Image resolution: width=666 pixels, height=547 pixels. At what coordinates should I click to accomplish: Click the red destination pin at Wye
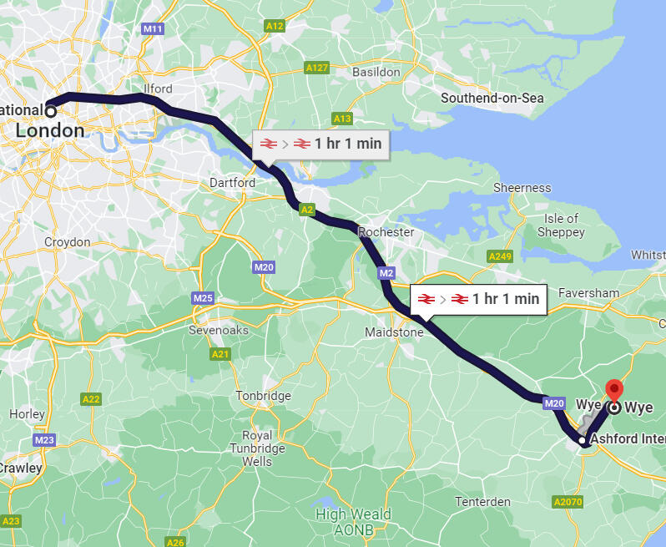pyautogui.click(x=614, y=391)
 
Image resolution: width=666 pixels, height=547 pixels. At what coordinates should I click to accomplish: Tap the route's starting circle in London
pyautogui.click(x=50, y=110)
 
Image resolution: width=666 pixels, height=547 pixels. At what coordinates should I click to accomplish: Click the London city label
pyautogui.click(x=50, y=131)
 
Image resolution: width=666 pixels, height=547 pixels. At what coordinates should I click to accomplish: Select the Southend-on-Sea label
pyautogui.click(x=492, y=99)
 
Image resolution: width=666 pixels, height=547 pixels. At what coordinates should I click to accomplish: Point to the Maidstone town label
pyautogui.click(x=394, y=332)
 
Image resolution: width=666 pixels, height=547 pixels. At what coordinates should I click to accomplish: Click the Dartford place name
pyautogui.click(x=232, y=182)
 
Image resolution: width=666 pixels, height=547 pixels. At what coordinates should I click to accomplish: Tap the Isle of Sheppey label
pyautogui.click(x=561, y=225)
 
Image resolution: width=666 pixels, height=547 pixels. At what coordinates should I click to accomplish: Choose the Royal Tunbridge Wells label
pyautogui.click(x=256, y=448)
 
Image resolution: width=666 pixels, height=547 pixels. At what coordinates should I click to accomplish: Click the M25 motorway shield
pyautogui.click(x=203, y=297)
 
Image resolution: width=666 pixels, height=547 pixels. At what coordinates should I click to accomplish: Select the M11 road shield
pyautogui.click(x=152, y=29)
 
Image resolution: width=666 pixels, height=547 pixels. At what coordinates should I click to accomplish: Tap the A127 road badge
pyautogui.click(x=316, y=68)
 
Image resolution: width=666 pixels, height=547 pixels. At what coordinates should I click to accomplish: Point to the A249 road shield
pyautogui.click(x=501, y=256)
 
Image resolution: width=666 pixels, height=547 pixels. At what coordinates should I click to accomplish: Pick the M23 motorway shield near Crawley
pyautogui.click(x=44, y=439)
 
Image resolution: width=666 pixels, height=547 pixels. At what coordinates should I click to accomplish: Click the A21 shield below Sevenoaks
pyautogui.click(x=220, y=355)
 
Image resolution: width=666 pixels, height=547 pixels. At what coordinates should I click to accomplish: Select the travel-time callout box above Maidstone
pyautogui.click(x=478, y=299)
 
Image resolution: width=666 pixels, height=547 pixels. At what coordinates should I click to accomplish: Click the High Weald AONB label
pyautogui.click(x=353, y=521)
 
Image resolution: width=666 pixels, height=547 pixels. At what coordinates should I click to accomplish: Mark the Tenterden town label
pyautogui.click(x=482, y=502)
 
